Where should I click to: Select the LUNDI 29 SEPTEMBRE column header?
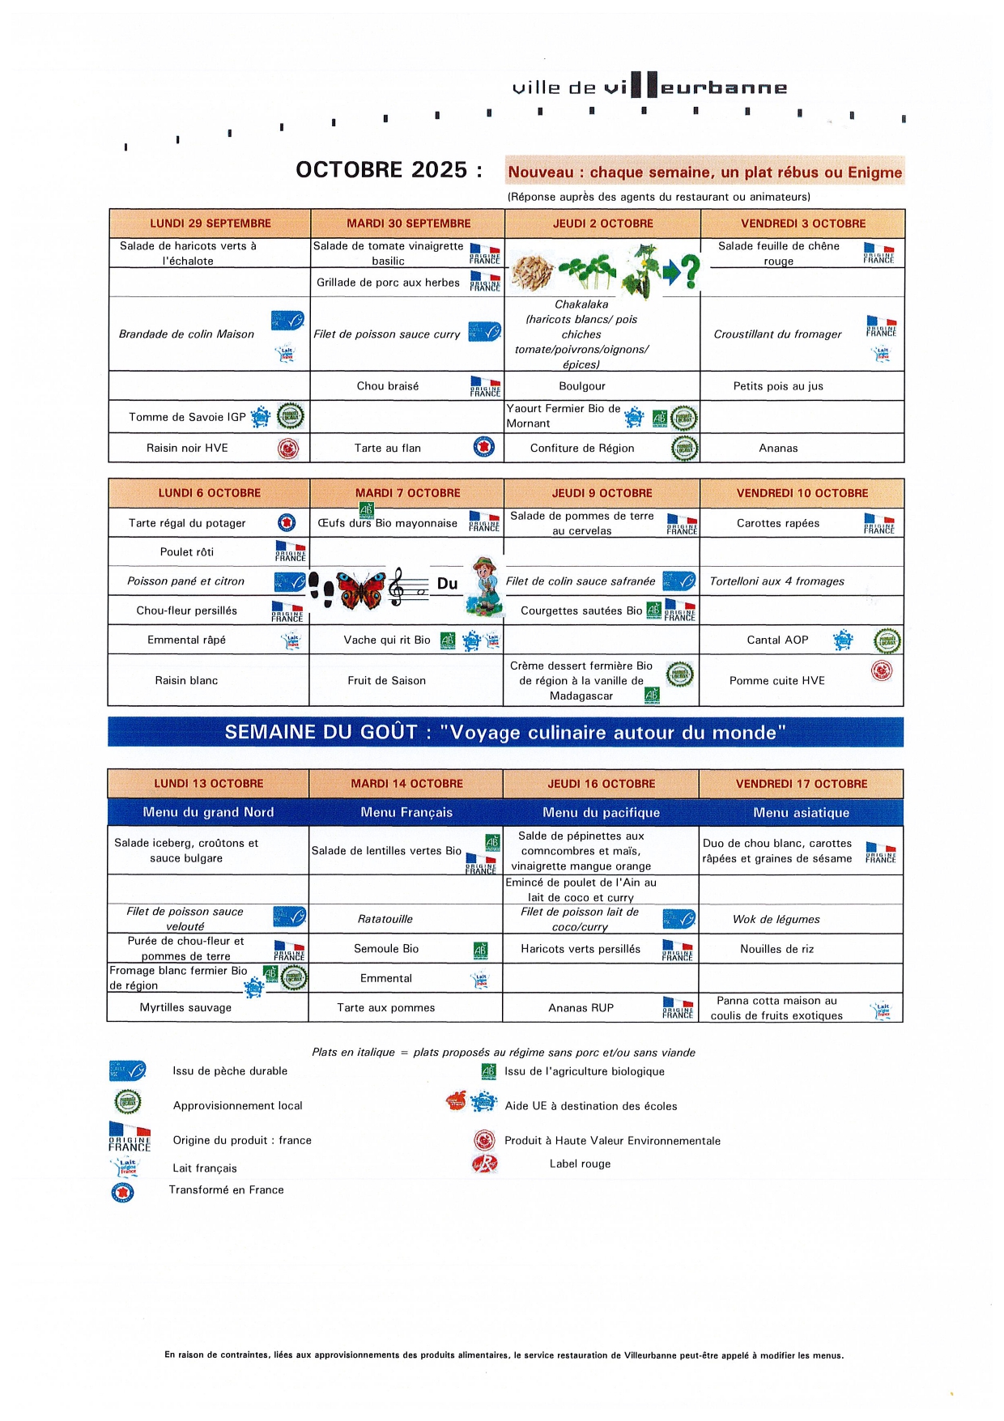[211, 223]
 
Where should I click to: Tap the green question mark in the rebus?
[689, 271]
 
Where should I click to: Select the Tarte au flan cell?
[388, 448]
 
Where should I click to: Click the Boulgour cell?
[582, 386]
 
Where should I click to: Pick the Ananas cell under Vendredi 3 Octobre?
[778, 448]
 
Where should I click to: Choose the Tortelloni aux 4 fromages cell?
[776, 581]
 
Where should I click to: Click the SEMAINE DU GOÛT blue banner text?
[505, 733]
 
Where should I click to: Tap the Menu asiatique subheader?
[801, 812]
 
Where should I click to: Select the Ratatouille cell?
[385, 919]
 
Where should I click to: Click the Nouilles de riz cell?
[776, 949]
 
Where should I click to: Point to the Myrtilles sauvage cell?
[185, 1007]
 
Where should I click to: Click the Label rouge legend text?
[580, 1164]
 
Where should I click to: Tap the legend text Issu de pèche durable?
[230, 1071]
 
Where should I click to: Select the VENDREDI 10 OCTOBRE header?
[802, 493]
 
